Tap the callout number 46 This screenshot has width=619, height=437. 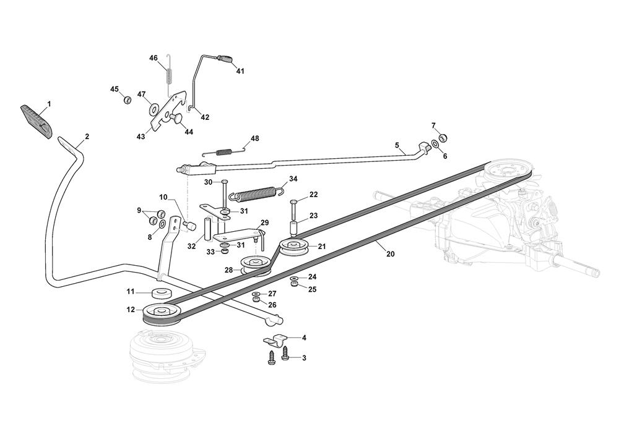(x=154, y=57)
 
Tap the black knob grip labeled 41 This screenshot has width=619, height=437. (x=226, y=59)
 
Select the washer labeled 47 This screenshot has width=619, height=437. (x=152, y=110)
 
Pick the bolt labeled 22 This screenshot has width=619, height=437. (x=293, y=203)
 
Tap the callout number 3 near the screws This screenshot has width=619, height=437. (x=304, y=358)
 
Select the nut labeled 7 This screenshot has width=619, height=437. (x=443, y=137)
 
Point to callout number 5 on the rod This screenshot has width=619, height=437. (x=397, y=145)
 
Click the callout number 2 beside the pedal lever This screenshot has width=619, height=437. (x=87, y=136)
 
